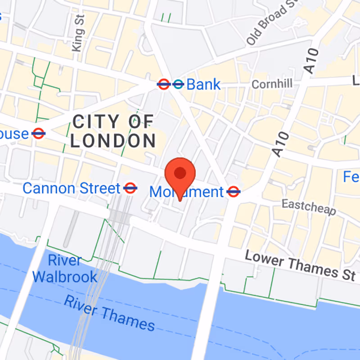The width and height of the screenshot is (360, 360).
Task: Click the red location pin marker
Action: pyautogui.click(x=180, y=174)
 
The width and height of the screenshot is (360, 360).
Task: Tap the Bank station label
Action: pyautogui.click(x=204, y=84)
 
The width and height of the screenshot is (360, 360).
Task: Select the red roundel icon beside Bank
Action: pyautogui.click(x=163, y=84)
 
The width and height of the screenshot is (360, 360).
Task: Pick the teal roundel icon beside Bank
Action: pyautogui.click(x=179, y=84)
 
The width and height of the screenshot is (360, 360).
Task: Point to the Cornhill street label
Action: pyautogui.click(x=272, y=84)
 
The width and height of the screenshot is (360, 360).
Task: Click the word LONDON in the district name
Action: pyautogui.click(x=113, y=141)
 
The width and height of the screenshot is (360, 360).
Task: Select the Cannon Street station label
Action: pyautogui.click(x=71, y=188)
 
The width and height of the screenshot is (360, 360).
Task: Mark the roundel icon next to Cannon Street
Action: pyautogui.click(x=130, y=188)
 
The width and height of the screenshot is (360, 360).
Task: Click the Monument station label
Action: pyautogui.click(x=186, y=192)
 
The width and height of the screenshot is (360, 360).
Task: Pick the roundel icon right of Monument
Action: pyautogui.click(x=233, y=192)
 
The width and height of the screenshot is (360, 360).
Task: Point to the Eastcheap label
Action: pyautogui.click(x=309, y=207)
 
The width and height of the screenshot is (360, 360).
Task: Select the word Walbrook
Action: pyautogui.click(x=65, y=276)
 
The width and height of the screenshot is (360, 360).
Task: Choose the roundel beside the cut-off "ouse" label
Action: pyautogui.click(x=39, y=134)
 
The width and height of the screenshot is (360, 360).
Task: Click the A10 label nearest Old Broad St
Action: pyautogui.click(x=311, y=61)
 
